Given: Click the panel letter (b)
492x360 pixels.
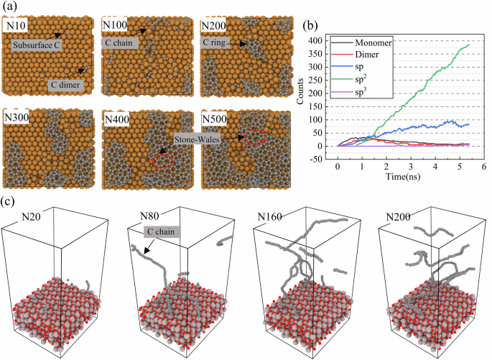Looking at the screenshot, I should coord(310,27).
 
